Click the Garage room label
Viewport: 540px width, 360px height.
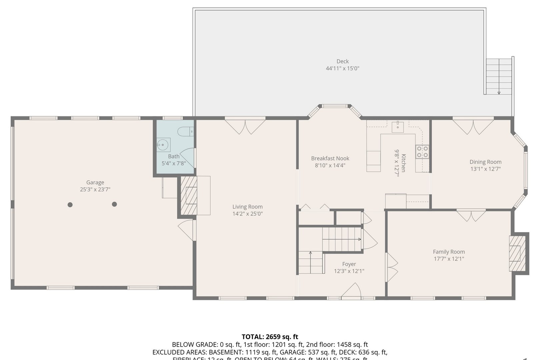pyautogui.click(x=95, y=182)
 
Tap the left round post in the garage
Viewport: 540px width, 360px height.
pyautogui.click(x=70, y=205)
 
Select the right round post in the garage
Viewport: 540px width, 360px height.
pyautogui.click(x=114, y=204)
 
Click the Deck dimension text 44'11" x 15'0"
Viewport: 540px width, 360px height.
pyautogui.click(x=342, y=69)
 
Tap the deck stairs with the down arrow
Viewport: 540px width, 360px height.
pyautogui.click(x=499, y=77)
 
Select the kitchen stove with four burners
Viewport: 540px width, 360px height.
pyautogui.click(x=422, y=151)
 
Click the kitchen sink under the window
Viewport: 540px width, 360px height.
pyautogui.click(x=398, y=127)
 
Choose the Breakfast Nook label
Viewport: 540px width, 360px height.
pyautogui.click(x=330, y=158)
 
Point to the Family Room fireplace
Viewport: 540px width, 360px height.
pyautogui.click(x=515, y=253)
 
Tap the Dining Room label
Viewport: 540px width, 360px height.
pyautogui.click(x=485, y=162)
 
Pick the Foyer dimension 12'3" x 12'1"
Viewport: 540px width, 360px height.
pyautogui.click(x=349, y=271)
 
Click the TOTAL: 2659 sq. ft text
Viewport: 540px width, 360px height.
pyautogui.click(x=270, y=337)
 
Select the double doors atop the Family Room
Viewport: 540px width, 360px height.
pyautogui.click(x=471, y=215)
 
